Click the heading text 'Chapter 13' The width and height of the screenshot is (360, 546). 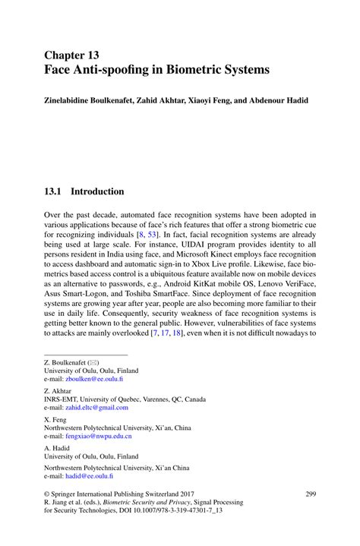click(x=72, y=55)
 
